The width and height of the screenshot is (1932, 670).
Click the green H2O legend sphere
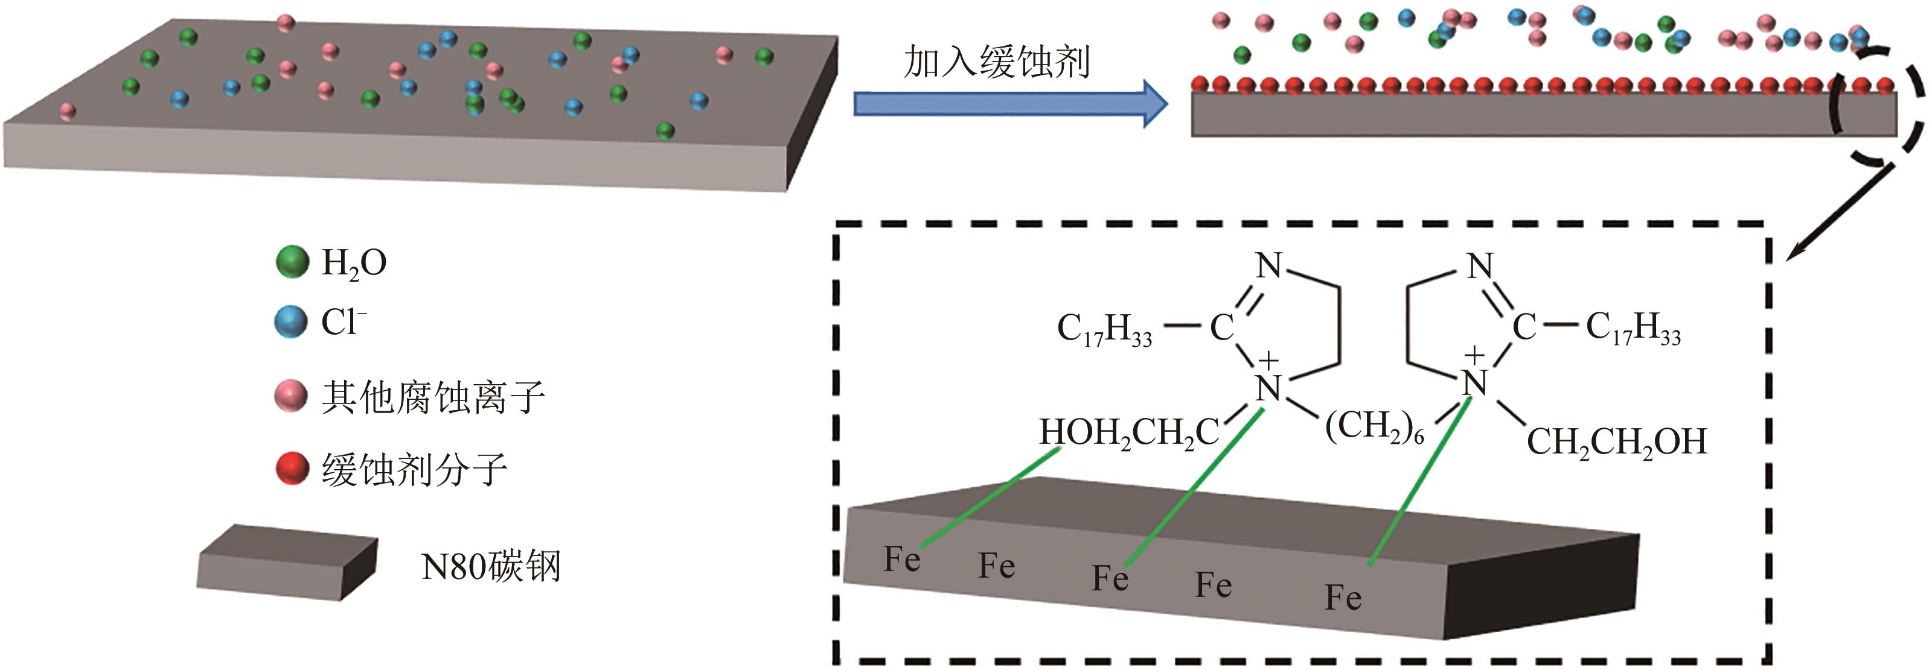292,262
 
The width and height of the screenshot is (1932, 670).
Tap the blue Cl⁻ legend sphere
291,322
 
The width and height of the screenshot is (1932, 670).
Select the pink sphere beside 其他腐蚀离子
291,396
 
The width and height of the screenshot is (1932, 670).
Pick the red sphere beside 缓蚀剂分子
292,469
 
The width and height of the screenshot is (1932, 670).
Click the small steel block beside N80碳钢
287,562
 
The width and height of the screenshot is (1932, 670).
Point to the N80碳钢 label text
491,566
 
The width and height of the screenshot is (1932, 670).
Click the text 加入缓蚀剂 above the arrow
997,62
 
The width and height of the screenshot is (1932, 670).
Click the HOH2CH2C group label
1129,433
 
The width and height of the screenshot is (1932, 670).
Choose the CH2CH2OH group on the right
1616,441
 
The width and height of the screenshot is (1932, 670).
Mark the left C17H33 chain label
1104,329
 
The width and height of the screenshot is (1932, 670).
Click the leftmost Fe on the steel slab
901,559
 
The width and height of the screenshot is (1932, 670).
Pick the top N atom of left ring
1268,265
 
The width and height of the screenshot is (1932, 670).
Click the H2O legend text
353,263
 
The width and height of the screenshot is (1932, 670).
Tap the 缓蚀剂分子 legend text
415,470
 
